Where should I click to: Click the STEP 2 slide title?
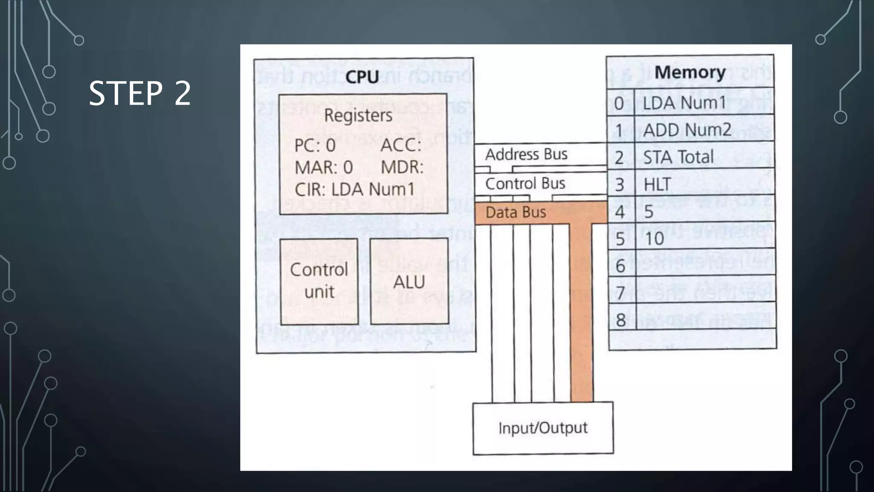click(140, 93)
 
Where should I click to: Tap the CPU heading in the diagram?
click(362, 77)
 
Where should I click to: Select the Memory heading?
click(690, 72)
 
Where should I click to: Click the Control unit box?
click(319, 281)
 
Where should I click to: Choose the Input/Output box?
click(543, 428)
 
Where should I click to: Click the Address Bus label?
click(526, 154)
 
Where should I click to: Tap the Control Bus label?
click(525, 184)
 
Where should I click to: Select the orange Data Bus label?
click(516, 212)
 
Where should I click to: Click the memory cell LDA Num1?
click(684, 102)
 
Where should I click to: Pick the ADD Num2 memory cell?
click(687, 130)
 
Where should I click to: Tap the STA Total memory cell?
click(678, 157)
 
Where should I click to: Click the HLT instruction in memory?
click(657, 184)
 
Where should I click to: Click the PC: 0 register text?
click(315, 146)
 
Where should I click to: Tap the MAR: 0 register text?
click(323, 167)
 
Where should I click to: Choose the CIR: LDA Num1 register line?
click(354, 189)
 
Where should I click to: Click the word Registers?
click(358, 115)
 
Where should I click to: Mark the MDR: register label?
click(402, 167)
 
